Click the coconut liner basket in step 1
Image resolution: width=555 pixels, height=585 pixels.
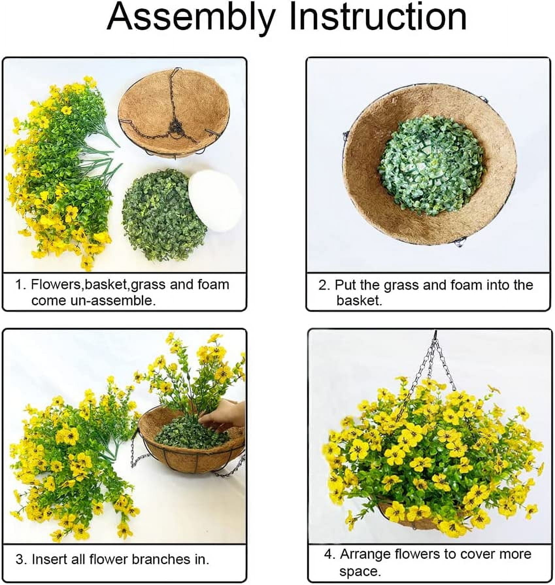coord(174,113)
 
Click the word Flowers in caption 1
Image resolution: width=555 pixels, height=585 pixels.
coord(55,285)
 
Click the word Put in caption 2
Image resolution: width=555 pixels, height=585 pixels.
coord(346,285)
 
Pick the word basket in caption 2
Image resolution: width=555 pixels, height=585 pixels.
coord(359,301)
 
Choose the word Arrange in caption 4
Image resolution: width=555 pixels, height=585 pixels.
coord(364,554)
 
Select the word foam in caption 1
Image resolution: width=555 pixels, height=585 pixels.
coord(213,285)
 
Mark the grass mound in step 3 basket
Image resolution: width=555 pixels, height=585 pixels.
coord(191,431)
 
